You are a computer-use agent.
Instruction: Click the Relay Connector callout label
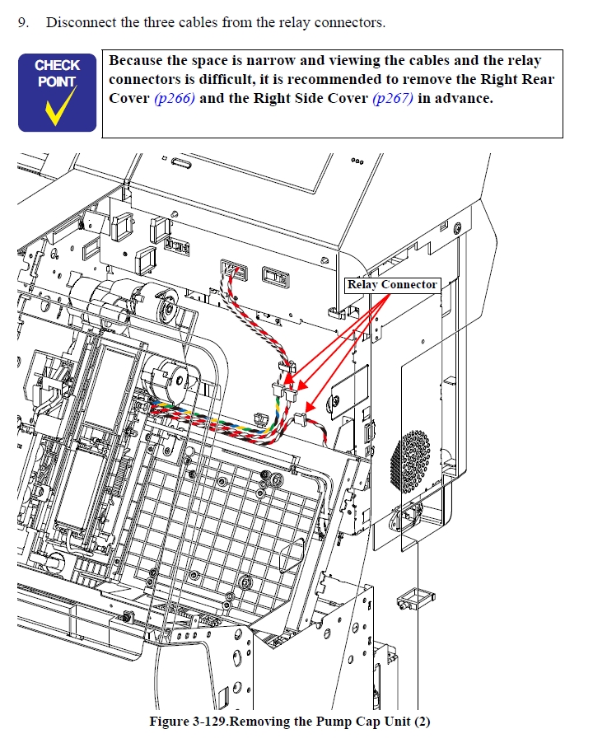pos(392,285)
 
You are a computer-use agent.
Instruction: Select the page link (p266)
pos(175,99)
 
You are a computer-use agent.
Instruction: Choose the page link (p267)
pos(393,99)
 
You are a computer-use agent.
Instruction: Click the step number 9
pos(23,23)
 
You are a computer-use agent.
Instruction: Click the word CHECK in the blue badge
pos(58,65)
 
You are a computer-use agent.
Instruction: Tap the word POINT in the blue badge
pos(57,82)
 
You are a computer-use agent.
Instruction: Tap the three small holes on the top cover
pos(357,161)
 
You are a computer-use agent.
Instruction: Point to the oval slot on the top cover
pos(182,163)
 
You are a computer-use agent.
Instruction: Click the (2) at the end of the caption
pos(423,722)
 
